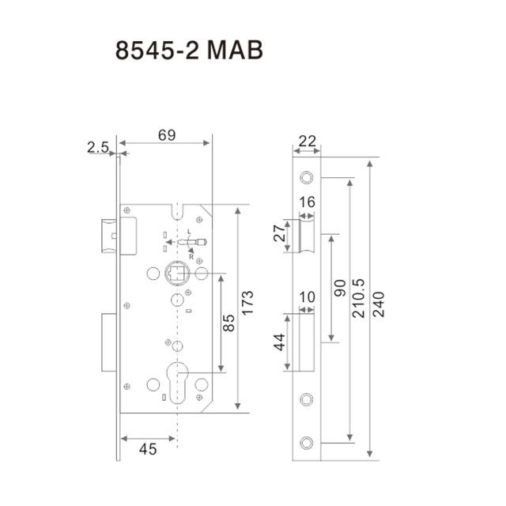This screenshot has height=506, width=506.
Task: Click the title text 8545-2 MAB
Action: click(x=189, y=50)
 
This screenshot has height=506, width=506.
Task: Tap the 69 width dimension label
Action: click(x=167, y=135)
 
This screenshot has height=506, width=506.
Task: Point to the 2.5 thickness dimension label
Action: click(x=98, y=148)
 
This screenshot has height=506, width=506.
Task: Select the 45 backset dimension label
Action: click(x=148, y=449)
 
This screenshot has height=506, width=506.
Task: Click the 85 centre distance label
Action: click(x=228, y=323)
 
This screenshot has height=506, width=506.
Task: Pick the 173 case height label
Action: click(x=247, y=303)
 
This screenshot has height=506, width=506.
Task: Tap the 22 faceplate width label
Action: click(x=307, y=142)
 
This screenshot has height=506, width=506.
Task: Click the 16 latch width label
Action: click(x=307, y=202)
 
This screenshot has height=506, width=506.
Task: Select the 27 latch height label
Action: click(x=279, y=233)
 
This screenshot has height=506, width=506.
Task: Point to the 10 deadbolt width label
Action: click(x=307, y=297)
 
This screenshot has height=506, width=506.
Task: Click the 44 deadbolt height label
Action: click(x=279, y=342)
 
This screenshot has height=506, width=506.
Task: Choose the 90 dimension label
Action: click(x=340, y=288)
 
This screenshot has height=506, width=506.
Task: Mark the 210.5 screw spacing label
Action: click(x=358, y=298)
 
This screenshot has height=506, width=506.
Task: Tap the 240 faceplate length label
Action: click(x=378, y=304)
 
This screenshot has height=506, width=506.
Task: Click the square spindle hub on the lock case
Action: click(x=177, y=274)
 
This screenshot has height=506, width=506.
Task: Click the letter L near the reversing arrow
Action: click(x=189, y=232)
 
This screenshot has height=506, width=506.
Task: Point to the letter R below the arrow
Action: click(x=191, y=257)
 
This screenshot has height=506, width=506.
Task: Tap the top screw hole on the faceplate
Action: click(x=307, y=177)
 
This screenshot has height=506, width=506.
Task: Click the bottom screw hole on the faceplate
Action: click(x=307, y=443)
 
